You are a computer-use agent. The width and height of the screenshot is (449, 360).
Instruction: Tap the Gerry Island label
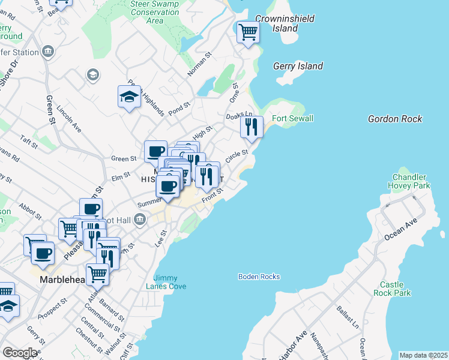pos(298,66)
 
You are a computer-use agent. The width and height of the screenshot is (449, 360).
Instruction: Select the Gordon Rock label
pos(395,119)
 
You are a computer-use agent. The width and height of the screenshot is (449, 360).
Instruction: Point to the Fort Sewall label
pos(292,118)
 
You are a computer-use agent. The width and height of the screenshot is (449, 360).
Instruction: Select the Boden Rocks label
pos(259,277)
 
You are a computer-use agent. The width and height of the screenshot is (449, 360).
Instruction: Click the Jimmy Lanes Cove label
pos(169,282)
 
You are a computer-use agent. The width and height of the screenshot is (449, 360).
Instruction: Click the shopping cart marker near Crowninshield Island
pos(247,32)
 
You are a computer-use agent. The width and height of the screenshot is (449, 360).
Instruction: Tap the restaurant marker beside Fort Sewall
pos(252,127)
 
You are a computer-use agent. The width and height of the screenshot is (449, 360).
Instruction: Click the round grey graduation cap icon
pos(92,74)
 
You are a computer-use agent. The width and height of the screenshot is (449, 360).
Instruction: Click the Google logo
pos(20,353)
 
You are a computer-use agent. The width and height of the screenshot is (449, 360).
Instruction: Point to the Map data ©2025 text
pos(423,355)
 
